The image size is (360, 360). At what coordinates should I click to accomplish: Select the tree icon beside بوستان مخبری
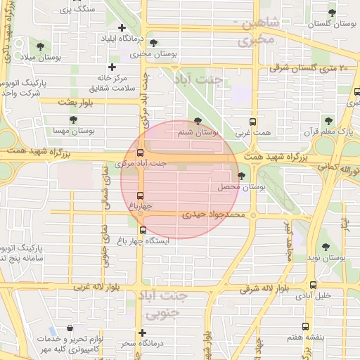[x=153, y=43]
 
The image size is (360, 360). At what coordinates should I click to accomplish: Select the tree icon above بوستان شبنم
[x=197, y=121]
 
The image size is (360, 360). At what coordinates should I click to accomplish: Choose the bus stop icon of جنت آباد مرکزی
[x=140, y=153]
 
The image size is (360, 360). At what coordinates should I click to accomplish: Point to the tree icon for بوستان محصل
[x=242, y=176]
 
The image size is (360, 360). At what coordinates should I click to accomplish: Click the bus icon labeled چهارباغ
[x=140, y=195]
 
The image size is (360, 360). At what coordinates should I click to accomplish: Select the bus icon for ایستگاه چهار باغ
[x=143, y=230]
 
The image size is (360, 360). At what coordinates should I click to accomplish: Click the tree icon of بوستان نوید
[x=325, y=247]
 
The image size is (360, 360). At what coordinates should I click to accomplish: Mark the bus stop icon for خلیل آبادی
[x=314, y=285]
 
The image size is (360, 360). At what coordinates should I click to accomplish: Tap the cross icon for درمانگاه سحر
[x=143, y=333]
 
